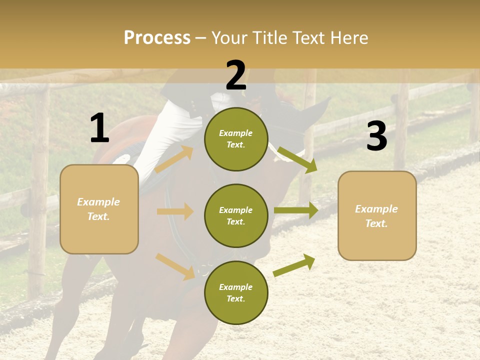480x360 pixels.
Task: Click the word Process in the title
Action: (x=157, y=38)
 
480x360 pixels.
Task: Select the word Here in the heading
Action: (x=348, y=38)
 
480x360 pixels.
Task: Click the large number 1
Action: (x=99, y=128)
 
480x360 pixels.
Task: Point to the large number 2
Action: (x=236, y=75)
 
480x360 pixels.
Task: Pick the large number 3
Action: (x=376, y=136)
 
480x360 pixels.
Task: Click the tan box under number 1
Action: (x=99, y=209)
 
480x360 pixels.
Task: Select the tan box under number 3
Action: (x=377, y=216)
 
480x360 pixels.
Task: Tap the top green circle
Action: (x=236, y=139)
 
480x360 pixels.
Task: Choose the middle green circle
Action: (x=236, y=216)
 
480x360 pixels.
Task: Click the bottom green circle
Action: (x=236, y=293)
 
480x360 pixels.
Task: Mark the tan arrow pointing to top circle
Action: (x=174, y=159)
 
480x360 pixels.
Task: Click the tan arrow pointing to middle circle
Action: (x=175, y=211)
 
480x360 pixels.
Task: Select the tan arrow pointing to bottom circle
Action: (x=175, y=266)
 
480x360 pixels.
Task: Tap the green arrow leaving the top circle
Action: (x=297, y=159)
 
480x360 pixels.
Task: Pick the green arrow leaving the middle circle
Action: (x=295, y=210)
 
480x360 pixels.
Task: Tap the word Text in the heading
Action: (x=309, y=38)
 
